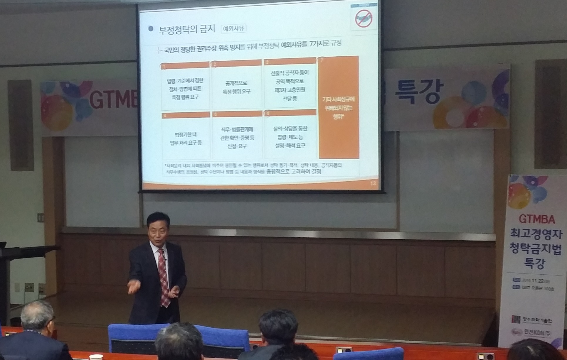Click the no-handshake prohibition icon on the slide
364,18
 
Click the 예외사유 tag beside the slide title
233,29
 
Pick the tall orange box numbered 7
339,107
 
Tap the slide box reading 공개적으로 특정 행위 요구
237,87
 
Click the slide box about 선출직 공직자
290,85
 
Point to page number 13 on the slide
373,183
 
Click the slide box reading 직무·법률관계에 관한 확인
237,138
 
